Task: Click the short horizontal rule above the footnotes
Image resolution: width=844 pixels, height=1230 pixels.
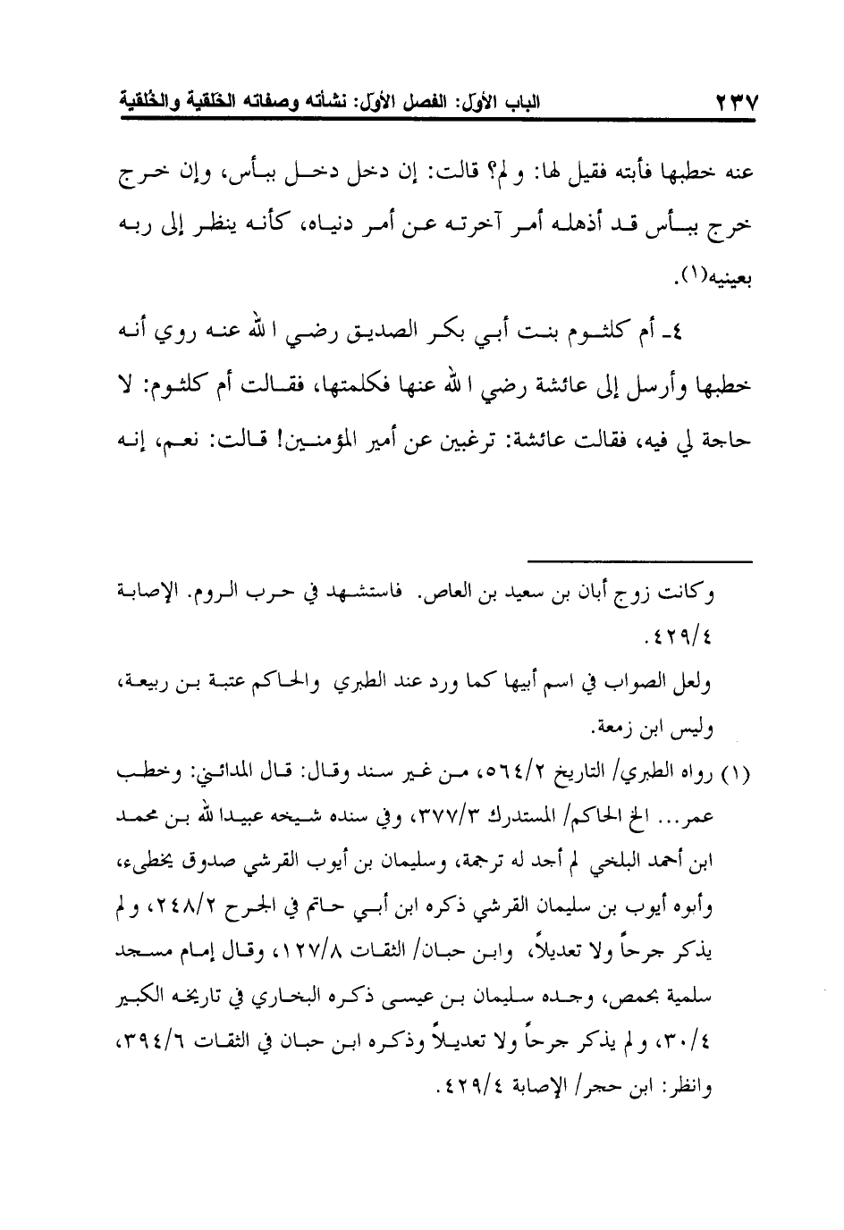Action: (x=639, y=561)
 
